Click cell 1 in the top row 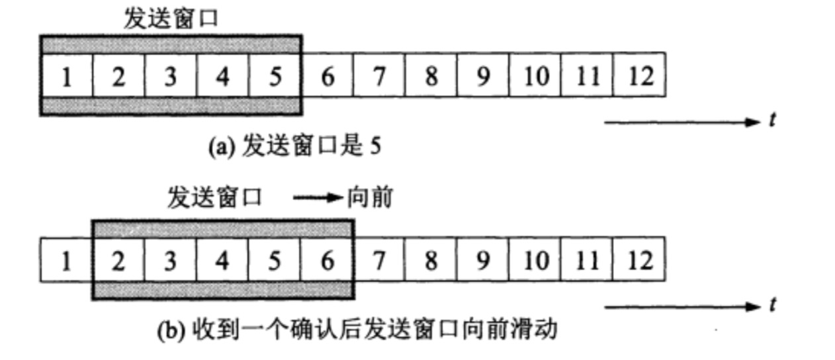click(x=66, y=77)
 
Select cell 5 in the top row click(x=275, y=77)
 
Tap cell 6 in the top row click(x=327, y=77)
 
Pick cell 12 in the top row click(x=639, y=77)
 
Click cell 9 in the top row click(x=483, y=77)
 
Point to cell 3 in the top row click(x=171, y=77)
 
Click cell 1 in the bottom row click(x=66, y=261)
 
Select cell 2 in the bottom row click(x=118, y=261)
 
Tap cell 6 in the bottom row click(x=327, y=261)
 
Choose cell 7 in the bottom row click(x=378, y=261)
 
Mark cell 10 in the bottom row click(x=535, y=261)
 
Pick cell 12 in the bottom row click(x=639, y=261)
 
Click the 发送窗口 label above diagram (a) click(x=171, y=19)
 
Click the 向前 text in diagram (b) click(x=370, y=198)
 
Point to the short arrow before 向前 click(x=318, y=198)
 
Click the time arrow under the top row click(x=681, y=122)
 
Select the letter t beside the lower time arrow click(x=771, y=305)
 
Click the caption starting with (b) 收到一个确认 click(x=357, y=329)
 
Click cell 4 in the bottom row click(x=223, y=261)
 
